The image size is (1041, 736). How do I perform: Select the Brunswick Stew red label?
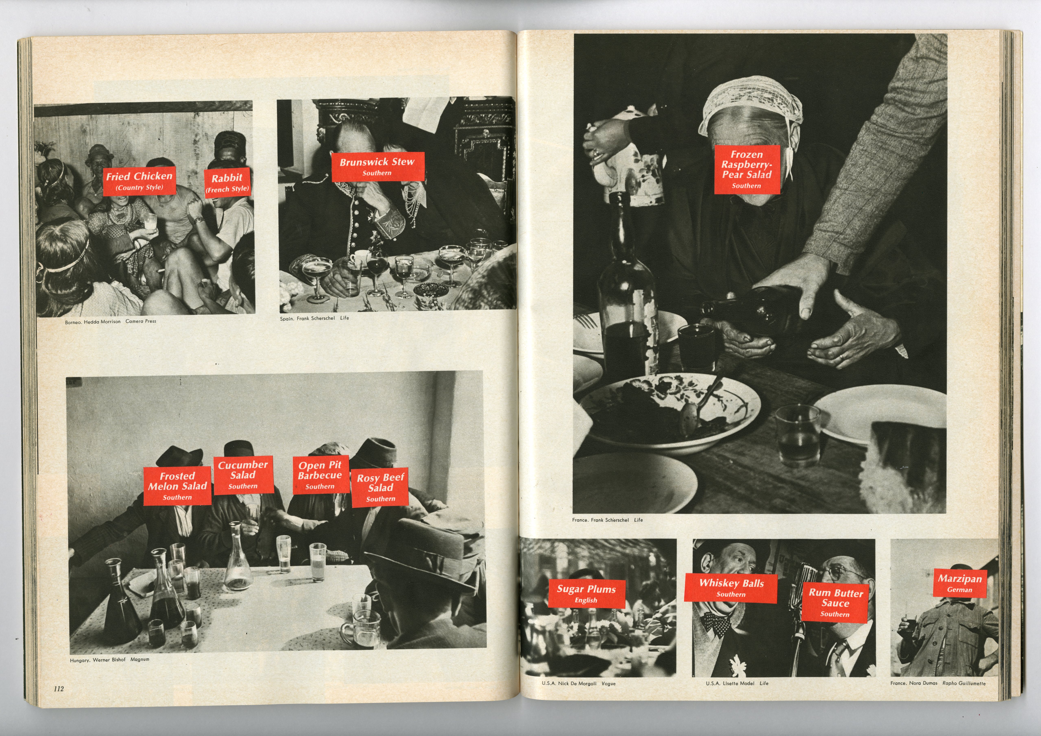coord(377,166)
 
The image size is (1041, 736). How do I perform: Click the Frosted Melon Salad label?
coord(177,486)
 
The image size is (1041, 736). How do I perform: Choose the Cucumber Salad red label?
coord(243,474)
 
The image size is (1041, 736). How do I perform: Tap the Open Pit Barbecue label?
coord(320,475)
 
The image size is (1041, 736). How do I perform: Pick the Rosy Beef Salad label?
coord(380,487)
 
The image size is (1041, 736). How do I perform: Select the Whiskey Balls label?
coord(731,588)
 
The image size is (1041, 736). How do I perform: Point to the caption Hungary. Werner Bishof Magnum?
coord(109,660)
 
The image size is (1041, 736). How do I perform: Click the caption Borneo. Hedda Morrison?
coord(93,322)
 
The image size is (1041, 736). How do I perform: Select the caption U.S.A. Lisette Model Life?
coord(737,683)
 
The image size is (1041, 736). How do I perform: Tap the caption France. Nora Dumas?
coord(914,683)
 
